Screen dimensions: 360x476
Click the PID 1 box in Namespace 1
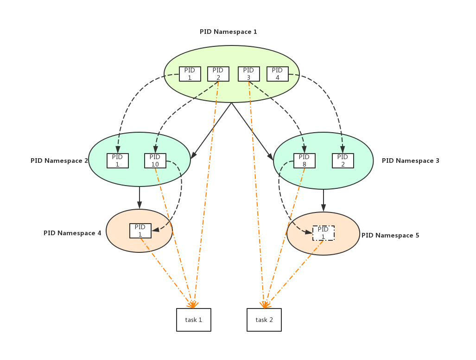click(190, 74)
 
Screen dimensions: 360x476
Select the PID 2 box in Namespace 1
click(218, 74)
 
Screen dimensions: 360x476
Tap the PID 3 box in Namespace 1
click(248, 74)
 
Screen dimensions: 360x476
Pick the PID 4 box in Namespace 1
click(277, 74)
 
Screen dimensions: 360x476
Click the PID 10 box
click(155, 161)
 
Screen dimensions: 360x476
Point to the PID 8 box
click(304, 161)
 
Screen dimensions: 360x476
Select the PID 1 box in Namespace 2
click(117, 161)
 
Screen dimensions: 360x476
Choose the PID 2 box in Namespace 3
click(343, 161)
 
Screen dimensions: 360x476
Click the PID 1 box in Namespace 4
click(140, 231)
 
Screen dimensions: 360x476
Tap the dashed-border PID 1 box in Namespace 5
click(323, 233)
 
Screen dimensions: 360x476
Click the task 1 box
click(193, 320)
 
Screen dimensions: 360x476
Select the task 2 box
click(264, 320)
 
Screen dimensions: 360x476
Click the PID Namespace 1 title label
click(228, 32)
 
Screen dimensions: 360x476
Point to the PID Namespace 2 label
click(59, 161)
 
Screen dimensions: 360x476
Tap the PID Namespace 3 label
click(410, 161)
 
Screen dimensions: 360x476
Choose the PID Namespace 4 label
click(72, 233)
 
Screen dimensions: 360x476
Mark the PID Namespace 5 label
click(390, 236)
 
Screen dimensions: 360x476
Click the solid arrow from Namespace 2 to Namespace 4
click(140, 198)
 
